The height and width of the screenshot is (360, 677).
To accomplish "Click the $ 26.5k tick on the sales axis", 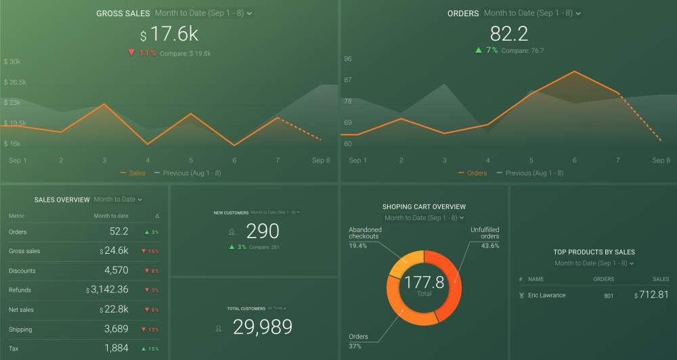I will click(x=15, y=83).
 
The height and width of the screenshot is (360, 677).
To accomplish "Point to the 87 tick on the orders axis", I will click(x=348, y=81).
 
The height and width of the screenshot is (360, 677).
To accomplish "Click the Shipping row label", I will click(x=20, y=330).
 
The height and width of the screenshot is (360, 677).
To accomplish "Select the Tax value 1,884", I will click(x=116, y=348).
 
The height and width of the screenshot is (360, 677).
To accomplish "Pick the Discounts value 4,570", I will click(x=116, y=271).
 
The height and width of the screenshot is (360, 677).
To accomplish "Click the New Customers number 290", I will click(x=262, y=231).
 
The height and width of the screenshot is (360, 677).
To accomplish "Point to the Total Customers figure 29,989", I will click(x=263, y=328).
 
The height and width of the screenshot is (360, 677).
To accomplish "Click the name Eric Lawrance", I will click(x=547, y=296).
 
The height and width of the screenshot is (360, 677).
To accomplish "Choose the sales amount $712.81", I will click(x=651, y=295).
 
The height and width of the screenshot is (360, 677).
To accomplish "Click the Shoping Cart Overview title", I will click(x=424, y=207).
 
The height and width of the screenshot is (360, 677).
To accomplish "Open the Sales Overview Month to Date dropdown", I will click(x=118, y=200).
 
